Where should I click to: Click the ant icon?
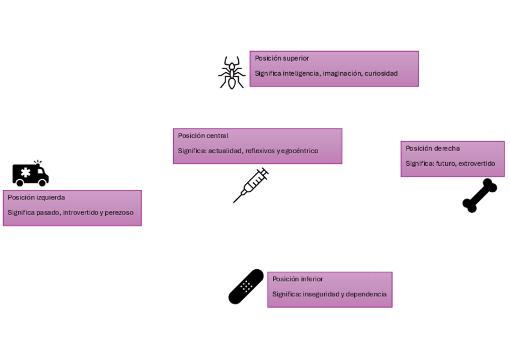coord(232,73)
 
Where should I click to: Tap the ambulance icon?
coord(30,174)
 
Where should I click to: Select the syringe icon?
coord(251,185)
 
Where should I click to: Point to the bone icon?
coord(479,195)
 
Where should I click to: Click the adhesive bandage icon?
coord(246,287)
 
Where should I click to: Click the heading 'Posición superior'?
coord(281,58)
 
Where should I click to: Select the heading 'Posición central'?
coord(203,136)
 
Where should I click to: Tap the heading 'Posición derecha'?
coord(432,148)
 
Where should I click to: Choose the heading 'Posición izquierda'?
coord(36,197)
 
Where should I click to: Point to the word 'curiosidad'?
coord(381,73)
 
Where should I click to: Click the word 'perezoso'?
coord(119,212)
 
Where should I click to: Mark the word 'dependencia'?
coord(367,294)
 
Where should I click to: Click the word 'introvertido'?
coord(81,212)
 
